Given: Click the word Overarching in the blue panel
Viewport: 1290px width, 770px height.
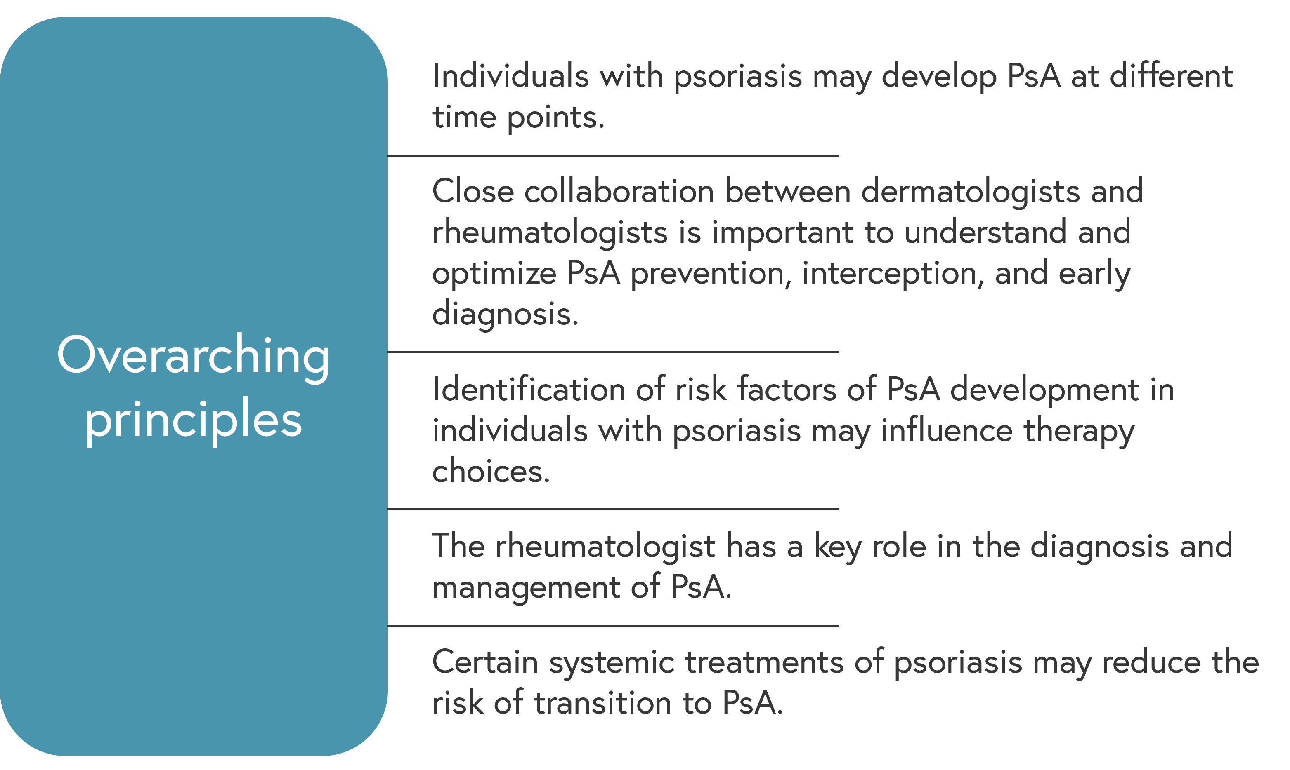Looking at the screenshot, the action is pos(193,357).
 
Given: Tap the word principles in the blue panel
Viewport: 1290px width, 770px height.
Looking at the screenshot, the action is pos(193,421).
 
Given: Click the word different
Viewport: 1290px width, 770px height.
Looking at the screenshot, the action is pos(1171,76).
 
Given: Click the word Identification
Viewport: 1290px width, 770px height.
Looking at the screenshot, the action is pos(529,389).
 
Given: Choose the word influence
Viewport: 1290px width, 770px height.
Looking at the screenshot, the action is pos(947,431).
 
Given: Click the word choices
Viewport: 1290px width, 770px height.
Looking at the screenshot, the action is pos(491,472).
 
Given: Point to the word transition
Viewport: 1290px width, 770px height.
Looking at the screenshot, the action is pos(602,704).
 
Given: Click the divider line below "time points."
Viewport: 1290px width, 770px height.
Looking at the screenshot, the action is pos(613,156).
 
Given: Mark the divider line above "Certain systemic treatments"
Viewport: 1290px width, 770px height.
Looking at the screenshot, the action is pos(613,626).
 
